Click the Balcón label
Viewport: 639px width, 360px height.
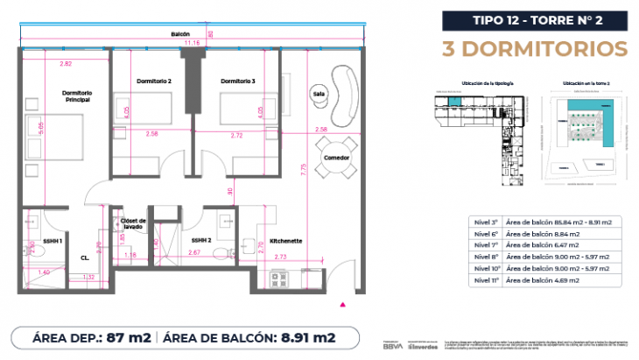pos(180,34)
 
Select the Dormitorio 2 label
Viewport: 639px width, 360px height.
pos(153,81)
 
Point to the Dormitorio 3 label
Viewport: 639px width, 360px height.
pos(237,81)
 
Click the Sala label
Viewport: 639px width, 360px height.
pos(318,92)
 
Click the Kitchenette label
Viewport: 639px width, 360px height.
pos(286,239)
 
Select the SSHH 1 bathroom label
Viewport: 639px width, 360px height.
pos(39,239)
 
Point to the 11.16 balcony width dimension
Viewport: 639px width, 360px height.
pos(190,42)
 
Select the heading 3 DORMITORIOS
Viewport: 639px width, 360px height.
pos(537,47)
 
